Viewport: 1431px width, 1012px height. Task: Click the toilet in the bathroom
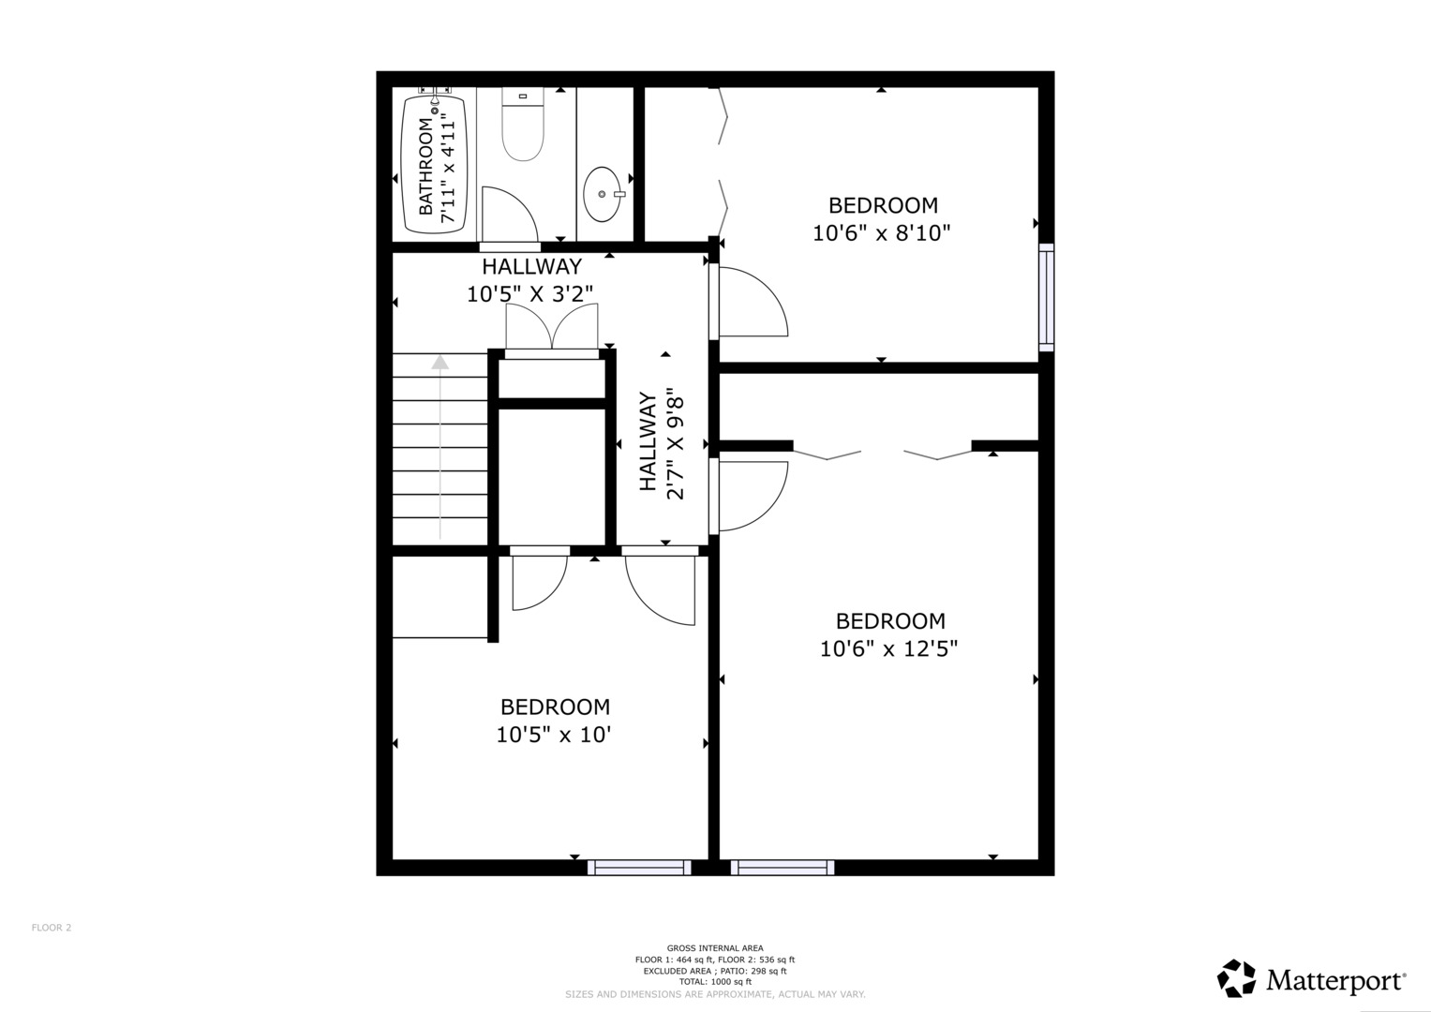click(x=523, y=124)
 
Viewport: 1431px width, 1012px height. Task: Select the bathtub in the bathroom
click(x=435, y=166)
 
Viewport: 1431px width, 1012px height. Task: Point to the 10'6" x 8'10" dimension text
click(x=882, y=233)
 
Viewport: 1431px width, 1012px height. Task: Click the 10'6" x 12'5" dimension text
click(x=889, y=649)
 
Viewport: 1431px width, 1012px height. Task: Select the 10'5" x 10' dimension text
click(x=554, y=736)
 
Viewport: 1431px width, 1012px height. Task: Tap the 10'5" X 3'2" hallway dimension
click(x=530, y=294)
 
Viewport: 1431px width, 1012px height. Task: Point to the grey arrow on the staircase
click(x=440, y=447)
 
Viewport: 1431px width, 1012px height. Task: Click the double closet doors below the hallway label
click(x=552, y=327)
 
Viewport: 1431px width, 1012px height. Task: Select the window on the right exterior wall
click(x=1047, y=297)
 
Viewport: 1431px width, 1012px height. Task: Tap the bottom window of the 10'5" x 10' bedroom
click(x=639, y=868)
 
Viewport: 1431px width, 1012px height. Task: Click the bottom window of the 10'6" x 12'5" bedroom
click(x=783, y=868)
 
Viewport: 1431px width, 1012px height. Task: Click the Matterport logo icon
click(x=1237, y=978)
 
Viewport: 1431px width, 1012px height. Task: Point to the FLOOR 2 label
click(x=52, y=928)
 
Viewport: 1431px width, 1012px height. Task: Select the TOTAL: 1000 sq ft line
click(x=715, y=982)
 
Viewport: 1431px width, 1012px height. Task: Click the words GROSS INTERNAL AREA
click(x=715, y=948)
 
